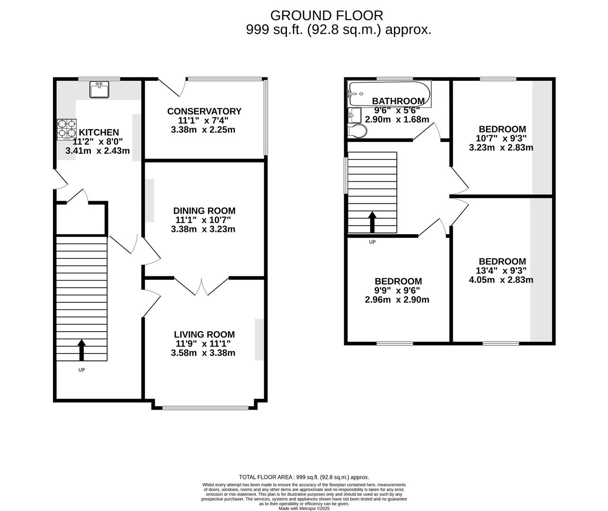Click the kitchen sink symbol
pyautogui.click(x=99, y=89)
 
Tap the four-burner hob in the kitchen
pyautogui.click(x=67, y=130)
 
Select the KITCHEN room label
pyautogui.click(x=99, y=132)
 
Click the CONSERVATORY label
pyautogui.click(x=204, y=111)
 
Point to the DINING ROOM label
pyautogui.click(x=204, y=211)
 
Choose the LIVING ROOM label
pyautogui.click(x=204, y=335)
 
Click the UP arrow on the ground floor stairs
pyautogui.click(x=81, y=350)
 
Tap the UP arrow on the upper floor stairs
pyautogui.click(x=372, y=222)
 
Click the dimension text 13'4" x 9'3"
pyautogui.click(x=502, y=271)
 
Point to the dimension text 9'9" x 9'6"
pyautogui.click(x=398, y=291)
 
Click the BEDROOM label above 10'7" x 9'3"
pyautogui.click(x=502, y=129)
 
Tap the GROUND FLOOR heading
pyautogui.click(x=327, y=16)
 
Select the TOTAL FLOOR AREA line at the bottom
pyautogui.click(x=304, y=477)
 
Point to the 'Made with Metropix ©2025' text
pyautogui.click(x=304, y=509)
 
